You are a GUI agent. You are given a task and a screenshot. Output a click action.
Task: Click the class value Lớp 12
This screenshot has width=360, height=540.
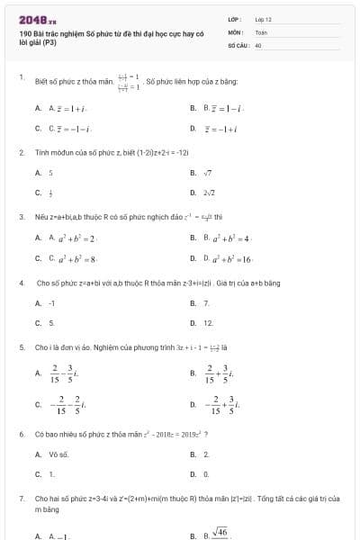pyautogui.click(x=264, y=19)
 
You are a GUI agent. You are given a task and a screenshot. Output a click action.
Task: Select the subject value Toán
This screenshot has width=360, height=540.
pyautogui.click(x=261, y=31)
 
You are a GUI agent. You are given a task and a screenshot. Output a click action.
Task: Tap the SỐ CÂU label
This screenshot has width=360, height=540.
pyautogui.click(x=237, y=44)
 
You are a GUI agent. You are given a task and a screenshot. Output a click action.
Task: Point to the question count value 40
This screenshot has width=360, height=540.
pyautogui.click(x=258, y=44)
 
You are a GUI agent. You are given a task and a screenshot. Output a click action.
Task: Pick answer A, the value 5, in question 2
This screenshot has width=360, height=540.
pyautogui.click(x=51, y=172)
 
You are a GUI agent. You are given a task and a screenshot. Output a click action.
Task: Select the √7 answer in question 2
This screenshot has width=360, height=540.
pyautogui.click(x=207, y=172)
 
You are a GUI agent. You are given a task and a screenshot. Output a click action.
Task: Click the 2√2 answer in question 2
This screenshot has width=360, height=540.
pyautogui.click(x=208, y=192)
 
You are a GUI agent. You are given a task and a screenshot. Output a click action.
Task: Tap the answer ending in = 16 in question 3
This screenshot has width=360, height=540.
pyautogui.click(x=228, y=257)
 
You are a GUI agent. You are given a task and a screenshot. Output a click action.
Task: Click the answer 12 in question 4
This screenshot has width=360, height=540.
pyautogui.click(x=208, y=322)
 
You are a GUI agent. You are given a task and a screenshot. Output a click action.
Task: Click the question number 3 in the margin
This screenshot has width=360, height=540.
pyautogui.click(x=21, y=217)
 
